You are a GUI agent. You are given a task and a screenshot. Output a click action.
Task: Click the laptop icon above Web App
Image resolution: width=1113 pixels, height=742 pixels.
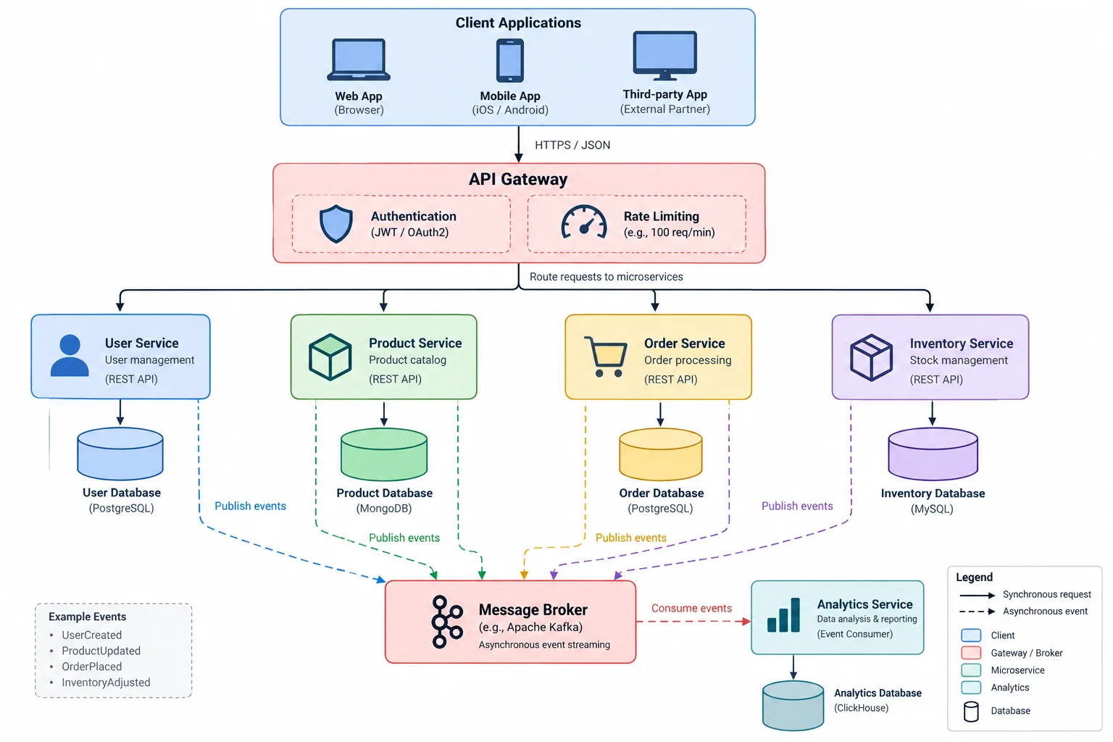358,59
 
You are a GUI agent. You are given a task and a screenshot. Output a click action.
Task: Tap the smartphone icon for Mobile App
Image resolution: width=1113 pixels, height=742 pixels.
510,60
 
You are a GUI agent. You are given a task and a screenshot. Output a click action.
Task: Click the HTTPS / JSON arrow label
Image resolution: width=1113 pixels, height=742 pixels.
572,145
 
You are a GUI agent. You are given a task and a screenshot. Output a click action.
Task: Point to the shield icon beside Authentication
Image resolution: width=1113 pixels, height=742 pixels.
336,224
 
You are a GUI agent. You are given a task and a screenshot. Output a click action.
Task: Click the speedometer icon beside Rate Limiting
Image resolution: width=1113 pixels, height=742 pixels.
584,222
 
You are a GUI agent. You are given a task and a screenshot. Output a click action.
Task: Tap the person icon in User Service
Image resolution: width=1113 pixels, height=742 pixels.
70,355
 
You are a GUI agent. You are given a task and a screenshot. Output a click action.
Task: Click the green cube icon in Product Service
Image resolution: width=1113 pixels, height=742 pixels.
330,357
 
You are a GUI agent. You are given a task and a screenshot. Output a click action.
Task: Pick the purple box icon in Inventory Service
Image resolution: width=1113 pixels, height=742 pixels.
871,357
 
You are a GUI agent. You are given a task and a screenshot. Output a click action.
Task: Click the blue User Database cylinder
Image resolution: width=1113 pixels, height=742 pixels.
120,454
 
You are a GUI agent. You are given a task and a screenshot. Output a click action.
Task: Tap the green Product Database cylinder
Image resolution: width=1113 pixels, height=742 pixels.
383,454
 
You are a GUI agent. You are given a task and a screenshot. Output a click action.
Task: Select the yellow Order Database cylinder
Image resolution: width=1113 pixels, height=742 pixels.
660,454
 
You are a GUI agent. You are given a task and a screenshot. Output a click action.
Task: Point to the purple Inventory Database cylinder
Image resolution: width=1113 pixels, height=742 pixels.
933,454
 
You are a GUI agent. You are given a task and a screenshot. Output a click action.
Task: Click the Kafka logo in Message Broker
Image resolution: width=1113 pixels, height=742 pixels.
446,622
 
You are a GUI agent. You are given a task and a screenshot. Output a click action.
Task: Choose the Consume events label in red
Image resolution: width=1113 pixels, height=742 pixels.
691,609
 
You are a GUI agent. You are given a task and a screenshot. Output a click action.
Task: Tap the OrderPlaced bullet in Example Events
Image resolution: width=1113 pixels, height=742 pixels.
91,667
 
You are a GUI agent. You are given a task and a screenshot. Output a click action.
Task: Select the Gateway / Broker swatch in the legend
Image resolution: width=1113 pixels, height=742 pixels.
971,653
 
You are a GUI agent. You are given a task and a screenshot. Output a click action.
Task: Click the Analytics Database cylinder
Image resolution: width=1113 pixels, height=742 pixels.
793,706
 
